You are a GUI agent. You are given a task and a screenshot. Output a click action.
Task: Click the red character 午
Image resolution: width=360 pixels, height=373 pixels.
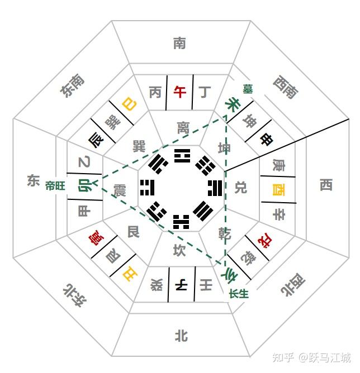(x=180, y=92)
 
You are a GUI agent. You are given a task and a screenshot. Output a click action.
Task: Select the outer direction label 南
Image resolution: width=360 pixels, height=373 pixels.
(x=180, y=43)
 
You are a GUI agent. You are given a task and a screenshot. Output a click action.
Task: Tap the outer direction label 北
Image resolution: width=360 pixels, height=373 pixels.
(x=180, y=335)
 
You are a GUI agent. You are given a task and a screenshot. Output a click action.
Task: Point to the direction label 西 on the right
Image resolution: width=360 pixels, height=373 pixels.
(x=326, y=185)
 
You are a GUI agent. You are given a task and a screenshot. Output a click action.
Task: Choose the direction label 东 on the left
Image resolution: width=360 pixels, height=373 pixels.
(x=33, y=180)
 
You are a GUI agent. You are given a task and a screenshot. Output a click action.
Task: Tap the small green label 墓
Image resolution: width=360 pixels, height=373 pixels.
(x=247, y=88)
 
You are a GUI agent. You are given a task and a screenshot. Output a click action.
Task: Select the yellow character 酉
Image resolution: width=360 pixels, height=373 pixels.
(x=277, y=189)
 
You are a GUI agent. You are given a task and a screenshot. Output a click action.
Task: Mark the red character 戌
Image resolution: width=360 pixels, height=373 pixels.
(x=262, y=242)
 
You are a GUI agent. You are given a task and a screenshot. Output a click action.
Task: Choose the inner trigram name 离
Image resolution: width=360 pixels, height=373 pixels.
(x=183, y=127)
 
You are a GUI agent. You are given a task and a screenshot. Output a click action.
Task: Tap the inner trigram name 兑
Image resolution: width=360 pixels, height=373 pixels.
(x=240, y=187)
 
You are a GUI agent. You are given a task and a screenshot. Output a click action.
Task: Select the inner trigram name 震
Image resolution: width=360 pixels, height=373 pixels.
(x=120, y=189)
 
